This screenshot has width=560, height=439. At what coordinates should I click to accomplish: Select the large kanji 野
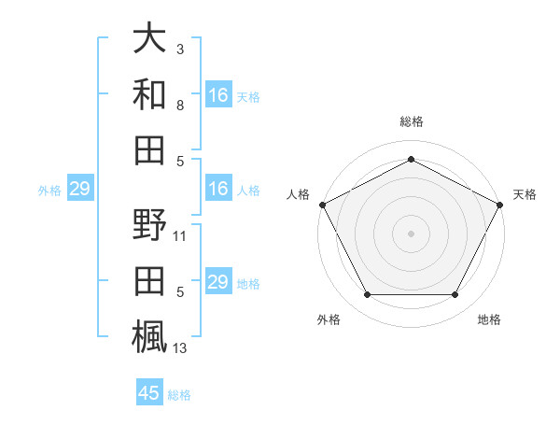tap(149, 226)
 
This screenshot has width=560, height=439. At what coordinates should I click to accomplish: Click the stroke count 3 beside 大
tap(180, 48)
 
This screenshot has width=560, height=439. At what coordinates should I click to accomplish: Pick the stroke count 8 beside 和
tap(180, 105)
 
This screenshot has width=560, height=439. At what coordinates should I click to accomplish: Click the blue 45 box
tap(149, 393)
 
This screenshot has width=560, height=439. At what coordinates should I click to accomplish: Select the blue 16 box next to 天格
tap(218, 95)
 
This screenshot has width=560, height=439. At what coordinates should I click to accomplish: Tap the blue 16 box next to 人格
tap(218, 190)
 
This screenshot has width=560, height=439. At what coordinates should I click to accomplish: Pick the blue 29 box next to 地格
tap(218, 283)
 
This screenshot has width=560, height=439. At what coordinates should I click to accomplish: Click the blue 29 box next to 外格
tap(79, 190)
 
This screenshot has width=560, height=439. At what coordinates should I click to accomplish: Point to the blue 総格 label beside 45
tap(179, 395)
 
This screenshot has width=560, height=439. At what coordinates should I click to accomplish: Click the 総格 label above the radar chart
tap(411, 121)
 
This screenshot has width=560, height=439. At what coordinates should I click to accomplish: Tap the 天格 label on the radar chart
tap(525, 194)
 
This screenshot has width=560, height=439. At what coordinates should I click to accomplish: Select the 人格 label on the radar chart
tap(298, 194)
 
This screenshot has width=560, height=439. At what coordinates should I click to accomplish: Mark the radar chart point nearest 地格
tap(455, 295)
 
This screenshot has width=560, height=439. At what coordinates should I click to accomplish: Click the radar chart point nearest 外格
tap(367, 295)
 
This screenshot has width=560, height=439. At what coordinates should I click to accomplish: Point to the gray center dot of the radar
tap(411, 233)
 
